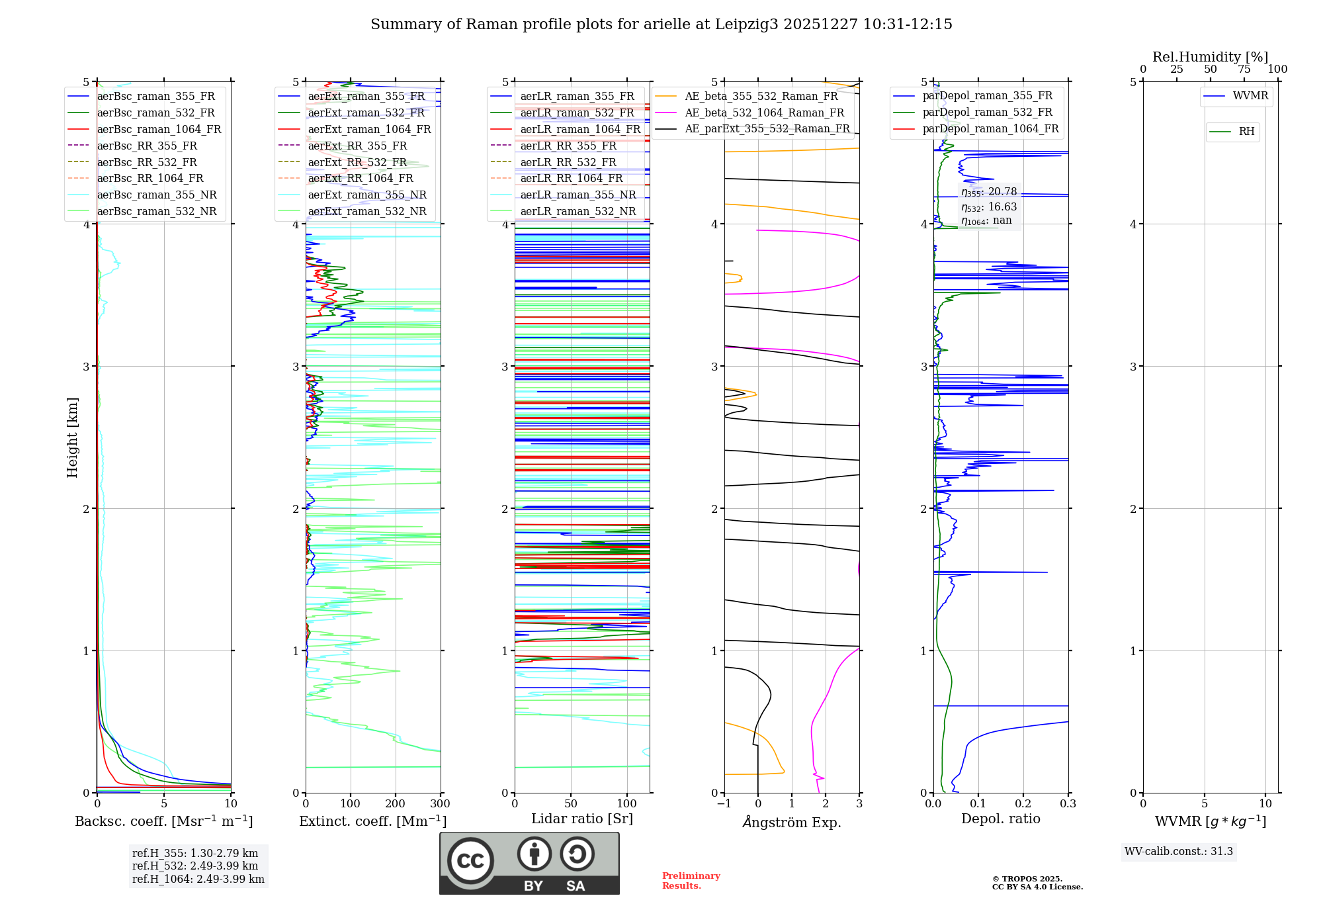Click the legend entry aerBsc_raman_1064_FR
[159, 130]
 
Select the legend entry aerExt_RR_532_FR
[357, 162]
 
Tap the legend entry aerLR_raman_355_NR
[577, 195]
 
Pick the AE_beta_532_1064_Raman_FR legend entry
[764, 113]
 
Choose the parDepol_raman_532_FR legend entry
[987, 112]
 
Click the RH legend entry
[1246, 132]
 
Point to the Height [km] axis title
[72, 437]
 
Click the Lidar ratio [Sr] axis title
[582, 819]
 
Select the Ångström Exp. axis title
[792, 822]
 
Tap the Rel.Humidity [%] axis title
[1210, 57]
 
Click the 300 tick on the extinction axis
[441, 804]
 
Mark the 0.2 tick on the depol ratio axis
[1023, 804]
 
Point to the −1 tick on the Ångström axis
[724, 804]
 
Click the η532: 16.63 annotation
[989, 207]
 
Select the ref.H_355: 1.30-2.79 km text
[195, 853]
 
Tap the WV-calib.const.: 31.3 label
[1178, 852]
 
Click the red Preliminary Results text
[691, 881]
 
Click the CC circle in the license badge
[470, 861]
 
